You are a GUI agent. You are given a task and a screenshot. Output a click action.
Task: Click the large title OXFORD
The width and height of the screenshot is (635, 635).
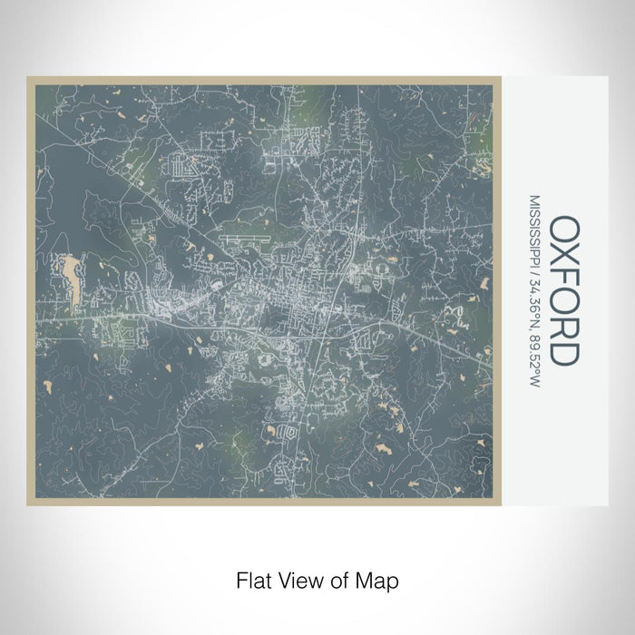[x=562, y=290]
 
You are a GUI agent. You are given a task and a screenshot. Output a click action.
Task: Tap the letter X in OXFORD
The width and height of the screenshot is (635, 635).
[x=562, y=257]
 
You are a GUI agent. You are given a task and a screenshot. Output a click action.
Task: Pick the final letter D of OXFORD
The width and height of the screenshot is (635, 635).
[x=562, y=355]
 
